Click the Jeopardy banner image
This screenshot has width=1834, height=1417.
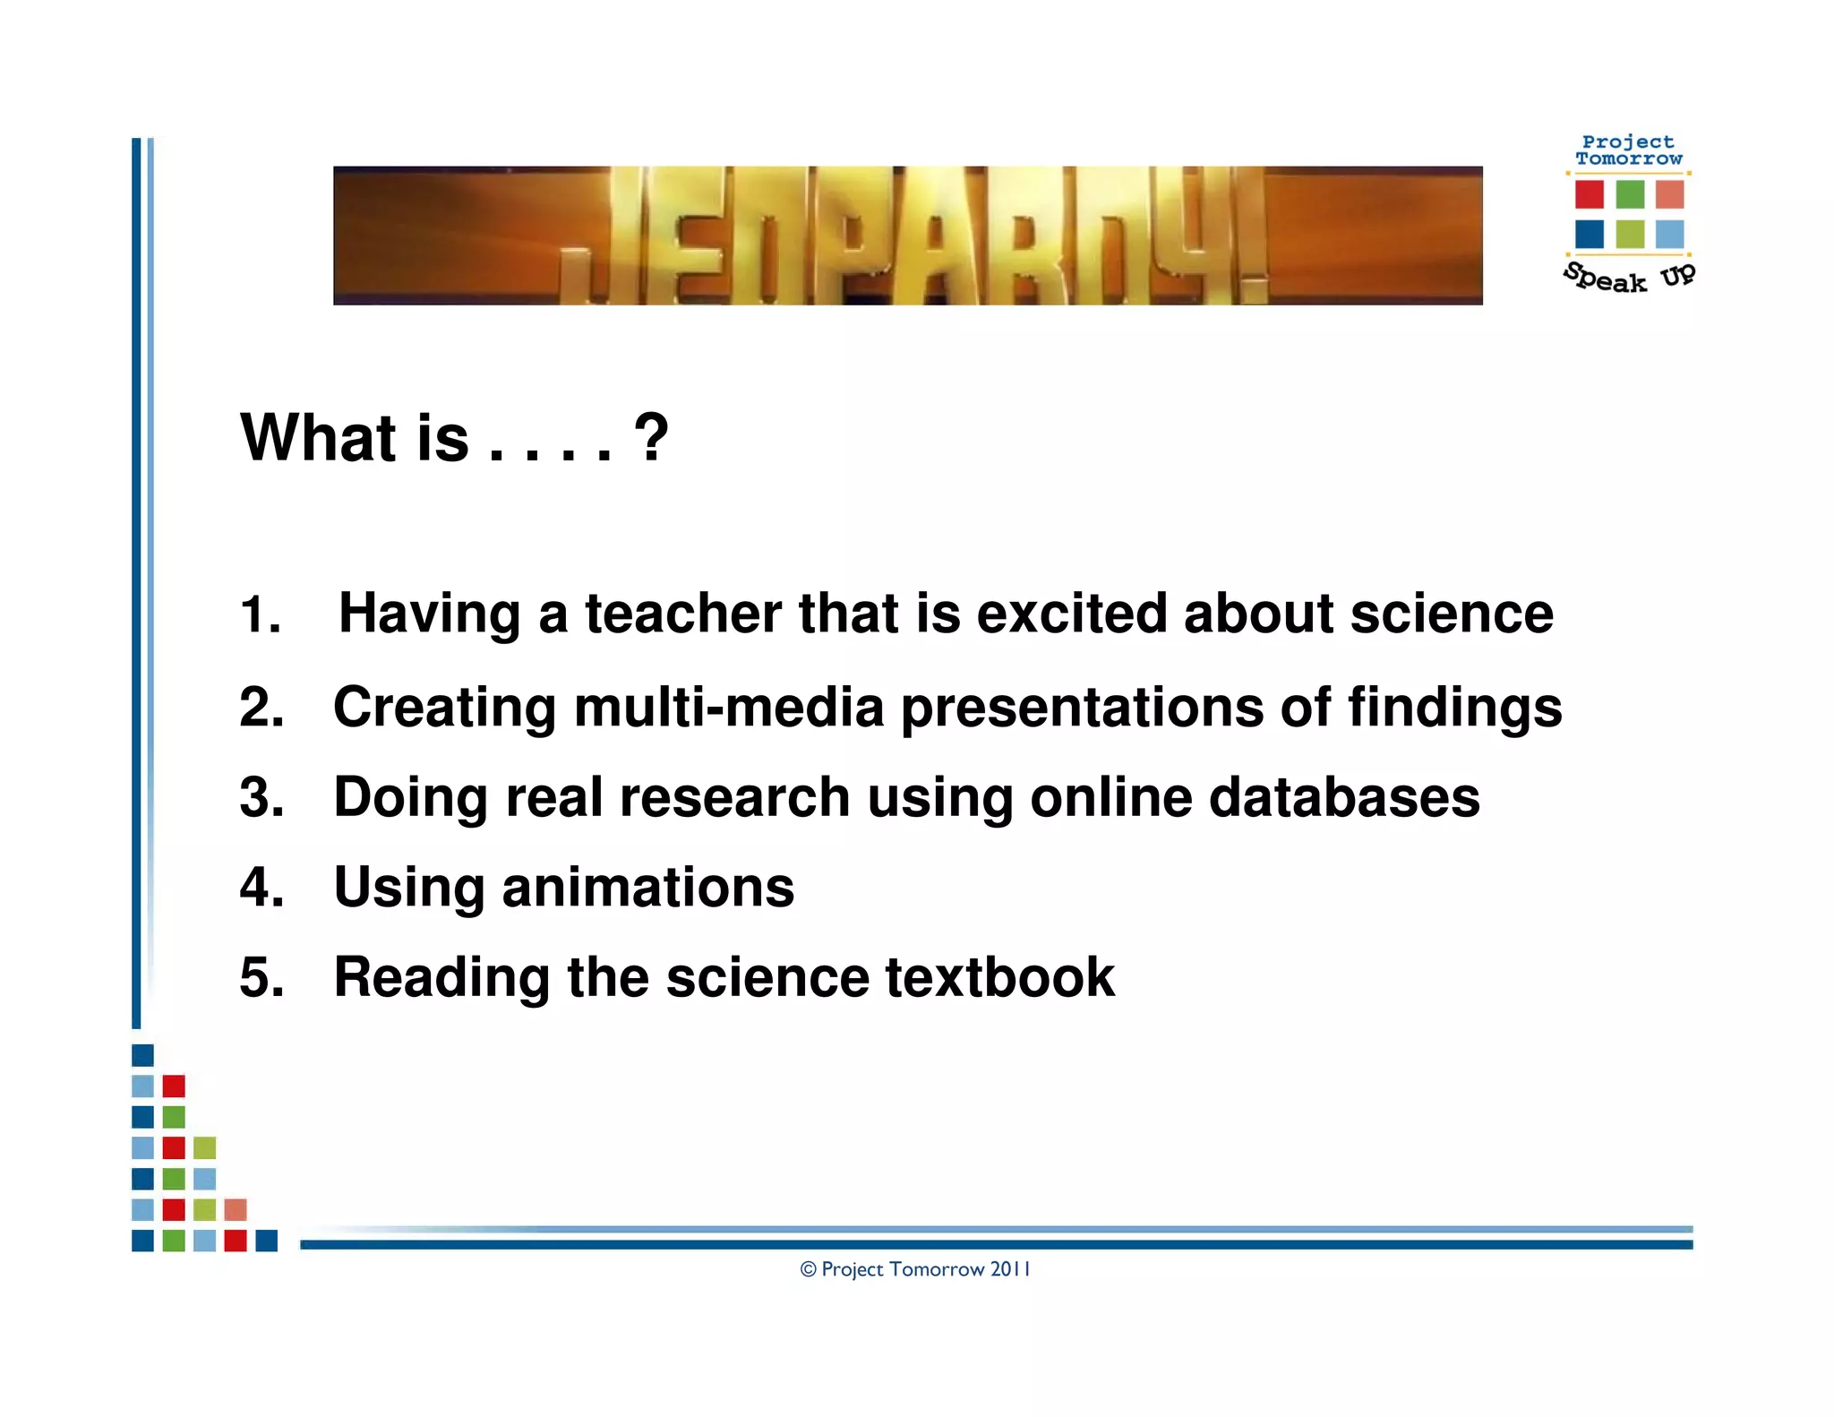[x=907, y=236]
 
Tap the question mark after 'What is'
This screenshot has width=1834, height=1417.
[x=651, y=437]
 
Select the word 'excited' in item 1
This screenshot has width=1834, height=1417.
[x=1071, y=614]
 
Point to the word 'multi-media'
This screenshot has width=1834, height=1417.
[x=729, y=708]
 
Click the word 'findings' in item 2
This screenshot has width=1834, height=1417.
[x=1454, y=708]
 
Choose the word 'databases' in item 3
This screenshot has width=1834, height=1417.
[x=1344, y=797]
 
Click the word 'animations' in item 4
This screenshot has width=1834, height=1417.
[x=648, y=887]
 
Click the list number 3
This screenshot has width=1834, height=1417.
[x=261, y=797]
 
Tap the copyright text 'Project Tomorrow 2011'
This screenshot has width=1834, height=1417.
[x=915, y=1269]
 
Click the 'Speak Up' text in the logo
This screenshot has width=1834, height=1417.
[x=1629, y=278]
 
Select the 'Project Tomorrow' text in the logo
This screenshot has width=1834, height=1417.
[x=1628, y=150]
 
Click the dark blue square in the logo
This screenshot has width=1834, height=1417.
[x=1590, y=234]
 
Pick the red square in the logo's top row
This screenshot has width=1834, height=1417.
[x=1590, y=193]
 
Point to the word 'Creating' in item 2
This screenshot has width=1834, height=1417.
[x=444, y=708]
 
